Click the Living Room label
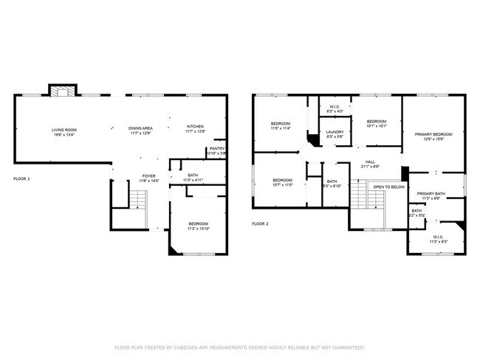pyautogui.click(x=64, y=130)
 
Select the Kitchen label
pyautogui.click(x=195, y=126)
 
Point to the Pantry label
pyautogui.click(x=216, y=148)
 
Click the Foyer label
pyautogui.click(x=148, y=176)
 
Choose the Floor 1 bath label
pyautogui.click(x=192, y=176)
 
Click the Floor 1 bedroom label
pyautogui.click(x=197, y=224)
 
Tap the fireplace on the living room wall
pyautogui.click(x=61, y=91)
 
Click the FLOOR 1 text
pyautogui.click(x=23, y=179)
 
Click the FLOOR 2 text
pyautogui.click(x=260, y=224)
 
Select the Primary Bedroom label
pyautogui.click(x=433, y=134)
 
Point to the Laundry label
pyautogui.click(x=335, y=132)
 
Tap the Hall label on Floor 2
pyautogui.click(x=370, y=162)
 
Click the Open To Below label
pyautogui.click(x=389, y=187)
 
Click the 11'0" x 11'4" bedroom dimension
pyautogui.click(x=281, y=128)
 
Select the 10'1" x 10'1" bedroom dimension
pyautogui.click(x=377, y=126)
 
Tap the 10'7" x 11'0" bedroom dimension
pyautogui.click(x=283, y=185)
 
